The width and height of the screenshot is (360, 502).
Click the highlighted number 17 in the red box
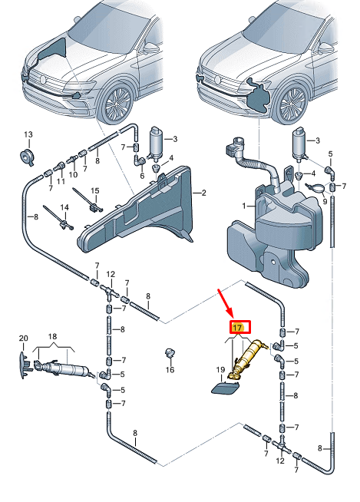238,328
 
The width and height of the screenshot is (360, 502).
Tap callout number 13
28,134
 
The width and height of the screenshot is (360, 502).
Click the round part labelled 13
27,157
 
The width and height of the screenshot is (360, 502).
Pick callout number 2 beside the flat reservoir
203,193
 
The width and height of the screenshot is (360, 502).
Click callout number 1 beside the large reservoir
244,206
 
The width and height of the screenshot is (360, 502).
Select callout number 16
170,370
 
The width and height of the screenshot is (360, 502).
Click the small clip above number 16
169,353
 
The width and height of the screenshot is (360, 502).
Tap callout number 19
220,370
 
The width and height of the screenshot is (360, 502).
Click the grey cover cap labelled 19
224,388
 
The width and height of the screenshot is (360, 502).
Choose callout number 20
23,338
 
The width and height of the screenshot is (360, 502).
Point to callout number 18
52,336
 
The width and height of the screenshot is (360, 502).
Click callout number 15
95,191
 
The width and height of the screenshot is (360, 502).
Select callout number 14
64,207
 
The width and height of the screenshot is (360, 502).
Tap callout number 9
325,202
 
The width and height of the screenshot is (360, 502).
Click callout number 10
73,174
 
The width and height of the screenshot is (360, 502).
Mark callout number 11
61,181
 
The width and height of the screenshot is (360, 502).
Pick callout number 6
142,176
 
